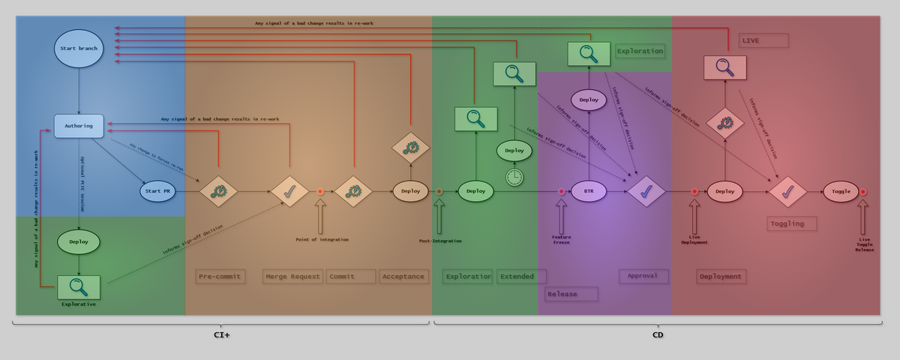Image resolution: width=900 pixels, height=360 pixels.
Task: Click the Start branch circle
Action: click(79, 48)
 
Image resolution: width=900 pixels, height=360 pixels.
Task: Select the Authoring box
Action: click(79, 126)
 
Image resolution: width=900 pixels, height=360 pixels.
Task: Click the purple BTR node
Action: click(589, 191)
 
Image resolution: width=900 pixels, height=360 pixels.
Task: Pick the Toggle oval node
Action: click(841, 191)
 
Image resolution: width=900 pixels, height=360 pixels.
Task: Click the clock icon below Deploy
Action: click(514, 177)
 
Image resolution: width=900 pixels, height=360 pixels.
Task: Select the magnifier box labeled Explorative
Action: click(79, 286)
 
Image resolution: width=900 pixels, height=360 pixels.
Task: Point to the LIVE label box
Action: click(763, 40)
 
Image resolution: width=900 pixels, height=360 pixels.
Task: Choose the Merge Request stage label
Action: click(293, 276)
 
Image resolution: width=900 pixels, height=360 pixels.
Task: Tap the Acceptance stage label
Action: click(403, 276)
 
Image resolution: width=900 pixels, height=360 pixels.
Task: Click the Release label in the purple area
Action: click(571, 294)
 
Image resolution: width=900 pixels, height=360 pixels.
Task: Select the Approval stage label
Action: click(643, 275)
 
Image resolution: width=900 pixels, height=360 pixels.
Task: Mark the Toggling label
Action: click(791, 223)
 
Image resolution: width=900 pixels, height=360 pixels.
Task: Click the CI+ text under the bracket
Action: click(221, 334)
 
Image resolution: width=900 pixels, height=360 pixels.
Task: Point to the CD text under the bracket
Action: click(658, 334)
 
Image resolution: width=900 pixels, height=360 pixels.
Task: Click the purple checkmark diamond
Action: click(646, 191)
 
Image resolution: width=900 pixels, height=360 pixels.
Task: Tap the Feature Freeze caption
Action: click(561, 239)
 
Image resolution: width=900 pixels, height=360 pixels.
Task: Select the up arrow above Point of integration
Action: click(320, 217)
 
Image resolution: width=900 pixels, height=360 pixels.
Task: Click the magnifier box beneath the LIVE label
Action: click(724, 67)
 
